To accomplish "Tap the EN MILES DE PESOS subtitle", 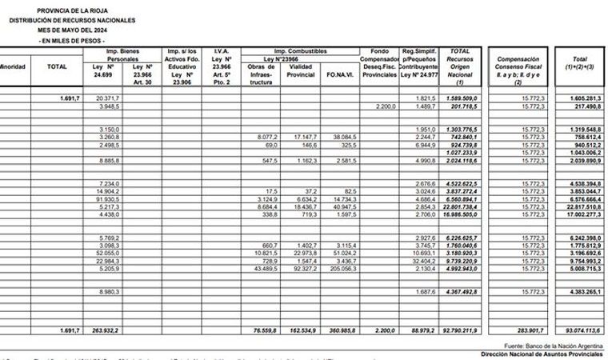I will pos(72,40).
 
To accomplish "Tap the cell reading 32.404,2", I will pos(418,261).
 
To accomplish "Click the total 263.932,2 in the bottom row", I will pos(106,330).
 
